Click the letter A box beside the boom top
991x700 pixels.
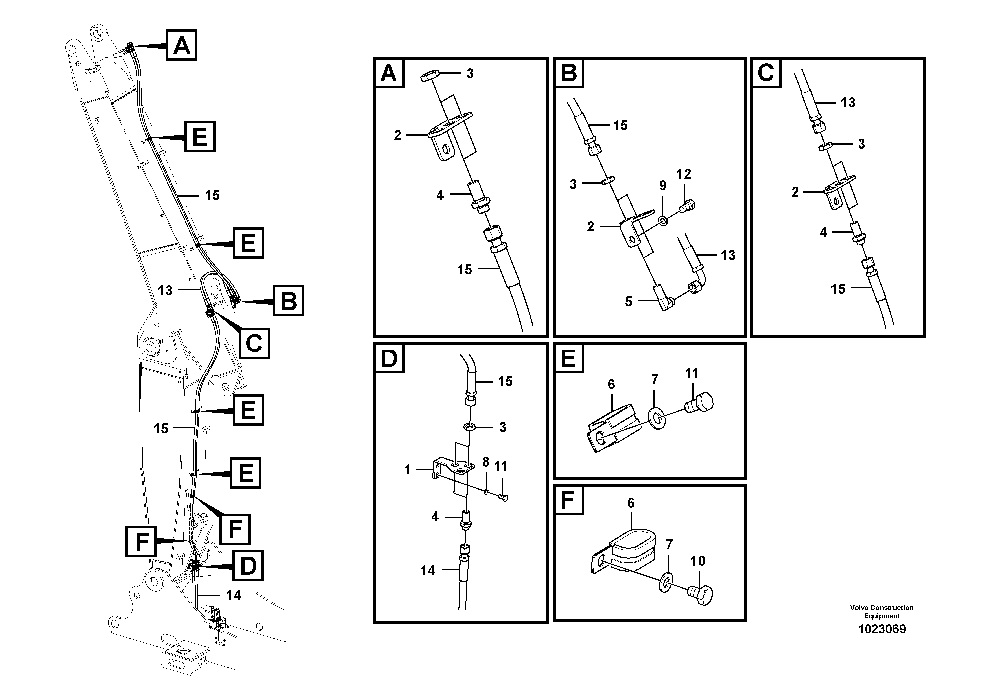182,45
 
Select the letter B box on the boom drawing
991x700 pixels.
288,300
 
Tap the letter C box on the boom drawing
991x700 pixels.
254,343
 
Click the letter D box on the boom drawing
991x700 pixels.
248,565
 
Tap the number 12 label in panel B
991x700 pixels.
684,174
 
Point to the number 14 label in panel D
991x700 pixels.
428,570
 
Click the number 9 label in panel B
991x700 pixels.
662,186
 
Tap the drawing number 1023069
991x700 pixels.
882,629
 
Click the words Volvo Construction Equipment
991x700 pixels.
882,611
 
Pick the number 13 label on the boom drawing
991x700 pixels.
165,291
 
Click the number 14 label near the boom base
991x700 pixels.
233,595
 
